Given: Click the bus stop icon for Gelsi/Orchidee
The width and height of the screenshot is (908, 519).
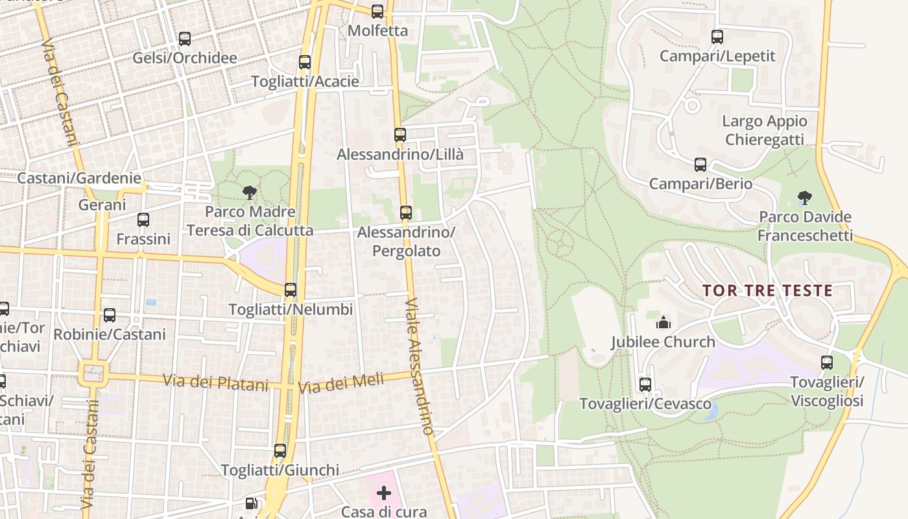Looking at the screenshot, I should click(x=185, y=39).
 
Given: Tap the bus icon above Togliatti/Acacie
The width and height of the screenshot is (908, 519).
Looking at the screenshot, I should click(x=305, y=62).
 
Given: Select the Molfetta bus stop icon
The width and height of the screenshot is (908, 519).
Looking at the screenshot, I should click(x=377, y=12).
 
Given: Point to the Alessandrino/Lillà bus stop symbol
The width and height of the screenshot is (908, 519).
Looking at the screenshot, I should click(x=400, y=135).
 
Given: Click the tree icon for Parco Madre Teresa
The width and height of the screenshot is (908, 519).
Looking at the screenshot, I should click(x=249, y=192).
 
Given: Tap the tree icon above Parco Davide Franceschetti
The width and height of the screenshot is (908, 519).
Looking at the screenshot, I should click(x=805, y=197).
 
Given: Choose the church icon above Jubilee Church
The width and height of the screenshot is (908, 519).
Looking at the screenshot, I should click(x=663, y=322).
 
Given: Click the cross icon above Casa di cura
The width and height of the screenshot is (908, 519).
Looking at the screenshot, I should click(x=384, y=493).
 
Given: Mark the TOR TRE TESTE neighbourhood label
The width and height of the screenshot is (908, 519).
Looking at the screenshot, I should click(x=767, y=291).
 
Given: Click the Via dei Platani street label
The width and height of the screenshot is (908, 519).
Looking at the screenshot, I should click(x=215, y=382).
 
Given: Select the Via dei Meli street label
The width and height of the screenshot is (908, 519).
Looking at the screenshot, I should click(x=341, y=383).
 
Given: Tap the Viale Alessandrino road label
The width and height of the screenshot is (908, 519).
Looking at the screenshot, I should click(x=419, y=367).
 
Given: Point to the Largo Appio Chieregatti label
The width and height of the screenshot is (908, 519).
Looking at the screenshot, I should click(x=765, y=130).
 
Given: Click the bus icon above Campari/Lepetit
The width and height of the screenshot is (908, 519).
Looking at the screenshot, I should click(x=717, y=37).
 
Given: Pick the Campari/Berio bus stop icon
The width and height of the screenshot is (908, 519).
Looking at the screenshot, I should click(x=700, y=165).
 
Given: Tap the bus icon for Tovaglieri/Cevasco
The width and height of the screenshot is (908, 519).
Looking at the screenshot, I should click(x=645, y=384).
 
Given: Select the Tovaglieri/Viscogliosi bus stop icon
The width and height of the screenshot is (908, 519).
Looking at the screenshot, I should click(x=827, y=362).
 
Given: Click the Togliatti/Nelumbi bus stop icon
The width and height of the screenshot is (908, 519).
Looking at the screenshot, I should click(x=291, y=290).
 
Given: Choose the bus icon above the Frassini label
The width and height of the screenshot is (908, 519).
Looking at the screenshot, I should click(x=143, y=220).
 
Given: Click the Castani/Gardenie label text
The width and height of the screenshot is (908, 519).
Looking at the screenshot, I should click(x=79, y=178).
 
